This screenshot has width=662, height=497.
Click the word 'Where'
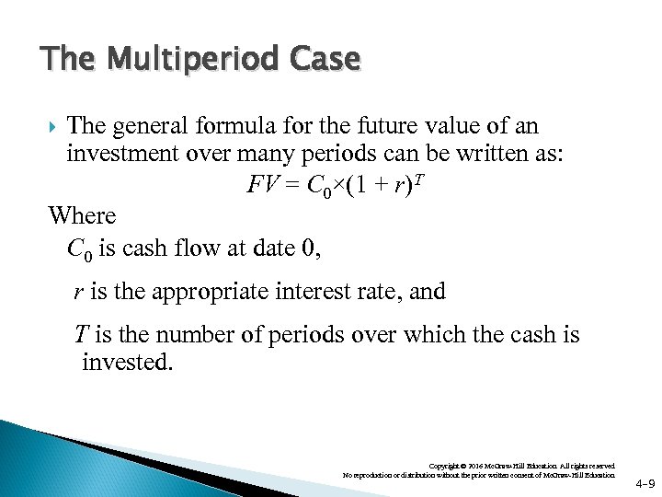point(83,216)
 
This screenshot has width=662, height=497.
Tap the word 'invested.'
point(127,362)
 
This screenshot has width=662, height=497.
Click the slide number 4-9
point(645,482)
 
